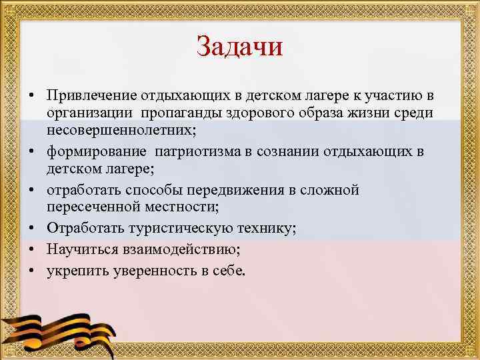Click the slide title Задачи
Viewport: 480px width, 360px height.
[x=240, y=47]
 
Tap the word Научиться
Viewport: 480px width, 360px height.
[x=81, y=249]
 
